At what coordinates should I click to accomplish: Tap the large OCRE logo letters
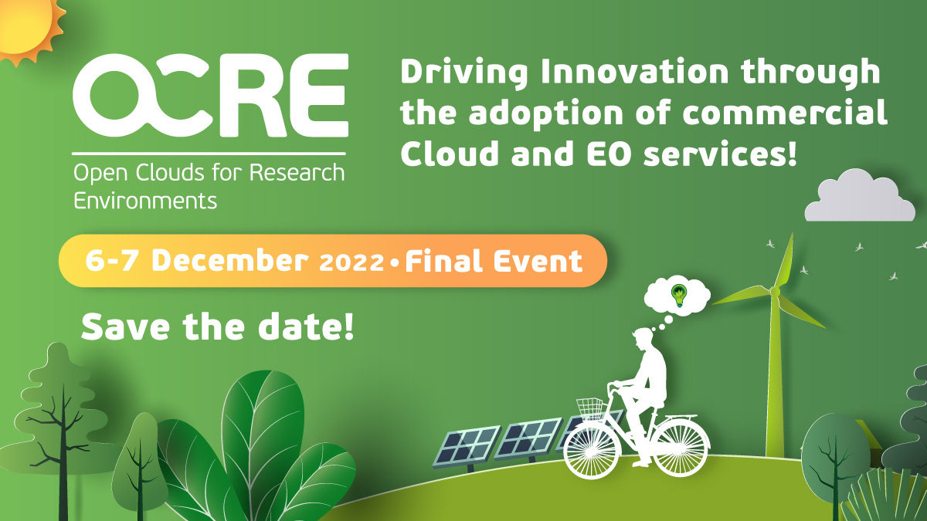pos(210,96)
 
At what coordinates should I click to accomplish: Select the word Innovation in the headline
pos(634,72)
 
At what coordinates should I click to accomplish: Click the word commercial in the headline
pos(784,112)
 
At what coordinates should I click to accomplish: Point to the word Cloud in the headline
pos(450,153)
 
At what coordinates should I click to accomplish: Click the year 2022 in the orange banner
pos(351,262)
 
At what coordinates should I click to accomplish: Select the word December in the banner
pos(230,261)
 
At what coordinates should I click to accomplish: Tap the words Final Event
pos(494,261)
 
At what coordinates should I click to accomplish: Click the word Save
pos(125,326)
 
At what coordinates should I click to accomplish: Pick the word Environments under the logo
pos(145,201)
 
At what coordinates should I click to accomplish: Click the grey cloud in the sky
pos(859,195)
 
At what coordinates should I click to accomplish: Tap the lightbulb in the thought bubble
pos(679,295)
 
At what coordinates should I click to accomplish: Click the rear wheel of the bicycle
pos(681,448)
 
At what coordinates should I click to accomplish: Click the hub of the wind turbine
pos(775,292)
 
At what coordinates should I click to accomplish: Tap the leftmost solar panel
pos(466,448)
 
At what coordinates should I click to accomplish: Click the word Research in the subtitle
pos(297,172)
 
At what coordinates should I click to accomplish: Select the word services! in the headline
pos(720,153)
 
